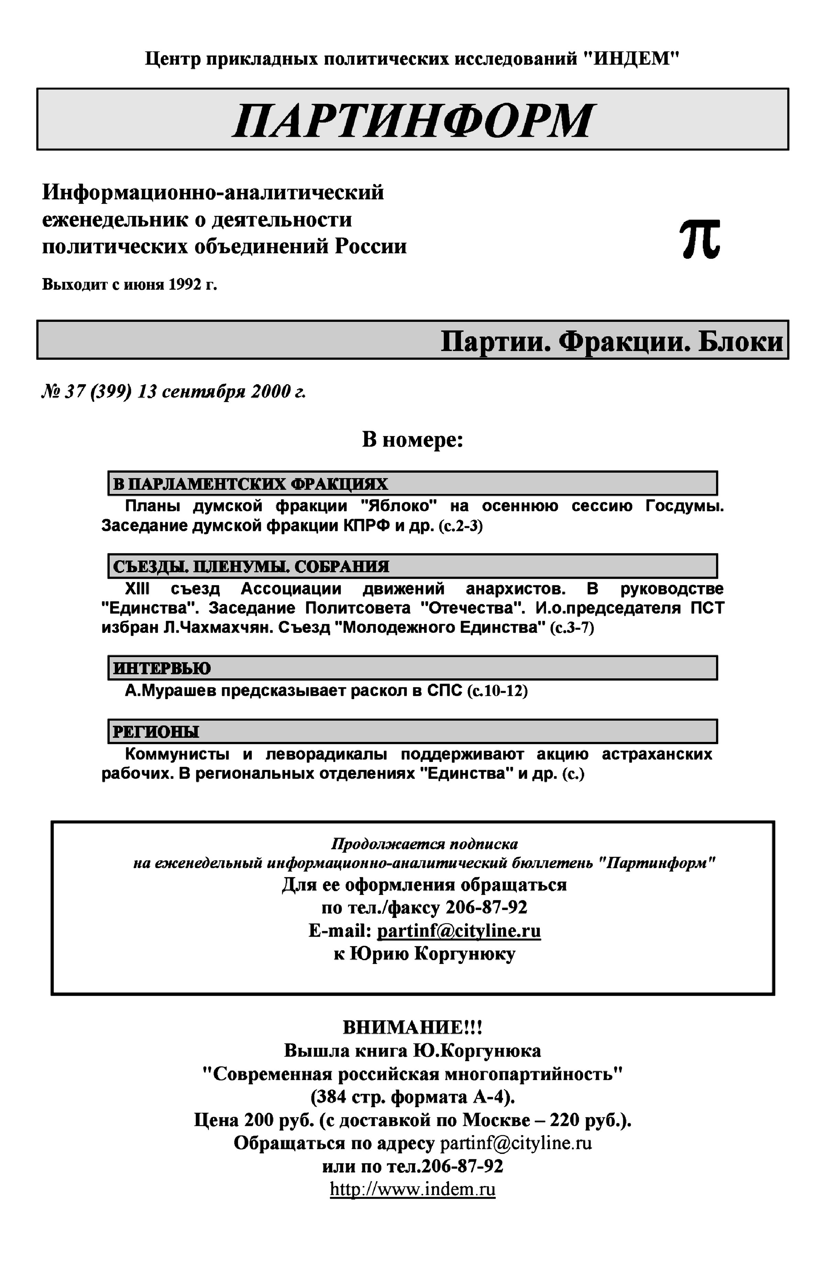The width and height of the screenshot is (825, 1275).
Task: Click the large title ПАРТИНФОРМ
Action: click(x=412, y=120)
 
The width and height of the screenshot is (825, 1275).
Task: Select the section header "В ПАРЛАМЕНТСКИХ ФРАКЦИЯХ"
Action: click(x=250, y=484)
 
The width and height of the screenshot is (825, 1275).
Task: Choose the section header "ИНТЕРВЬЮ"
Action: click(x=162, y=668)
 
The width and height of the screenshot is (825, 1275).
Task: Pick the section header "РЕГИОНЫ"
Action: click(x=155, y=732)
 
